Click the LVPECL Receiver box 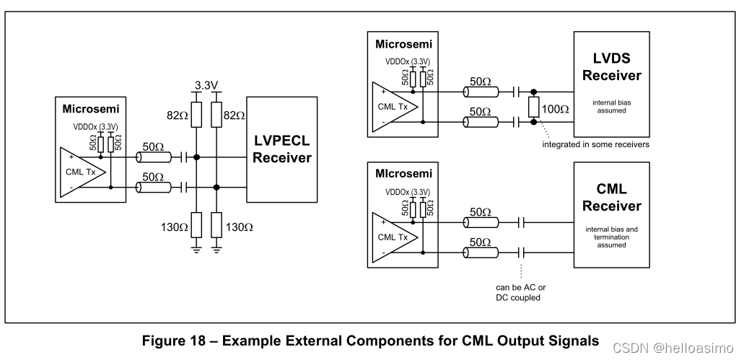(x=281, y=149)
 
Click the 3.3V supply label (x=207, y=86)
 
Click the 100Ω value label (x=555, y=110)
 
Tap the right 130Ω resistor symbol (x=217, y=227)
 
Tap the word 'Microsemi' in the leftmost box (x=90, y=109)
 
